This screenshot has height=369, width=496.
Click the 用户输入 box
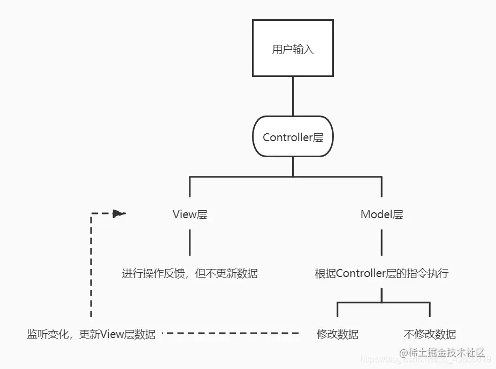pyautogui.click(x=293, y=49)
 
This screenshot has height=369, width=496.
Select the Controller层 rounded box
pyautogui.click(x=293, y=137)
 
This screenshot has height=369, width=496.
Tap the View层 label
pyautogui.click(x=189, y=215)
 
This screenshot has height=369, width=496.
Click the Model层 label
pyautogui.click(x=381, y=215)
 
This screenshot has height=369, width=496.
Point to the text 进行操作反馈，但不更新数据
pyautogui.click(x=189, y=274)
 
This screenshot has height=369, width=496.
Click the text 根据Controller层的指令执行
pyautogui.click(x=381, y=274)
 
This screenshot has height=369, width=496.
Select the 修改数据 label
pyautogui.click(x=338, y=335)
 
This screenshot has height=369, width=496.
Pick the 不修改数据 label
pyautogui.click(x=430, y=335)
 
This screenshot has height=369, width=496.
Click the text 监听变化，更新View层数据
pyautogui.click(x=91, y=335)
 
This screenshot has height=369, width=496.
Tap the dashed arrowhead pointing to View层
pyautogui.click(x=119, y=214)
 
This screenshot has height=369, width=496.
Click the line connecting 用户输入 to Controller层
pyautogui.click(x=293, y=96)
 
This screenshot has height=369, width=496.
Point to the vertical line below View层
pyautogui.click(x=189, y=243)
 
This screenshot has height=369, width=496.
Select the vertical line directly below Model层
pyautogui.click(x=381, y=243)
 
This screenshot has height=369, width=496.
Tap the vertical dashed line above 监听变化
pyautogui.click(x=91, y=267)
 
